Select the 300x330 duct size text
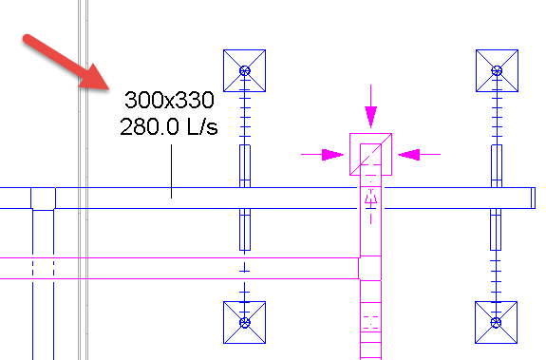point(170,101)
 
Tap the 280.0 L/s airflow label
point(169,126)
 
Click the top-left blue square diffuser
point(245,70)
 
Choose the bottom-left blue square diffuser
point(245,323)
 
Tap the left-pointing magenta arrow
point(418,152)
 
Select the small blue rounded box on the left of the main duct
point(43,198)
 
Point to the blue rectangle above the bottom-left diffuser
point(245,228)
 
